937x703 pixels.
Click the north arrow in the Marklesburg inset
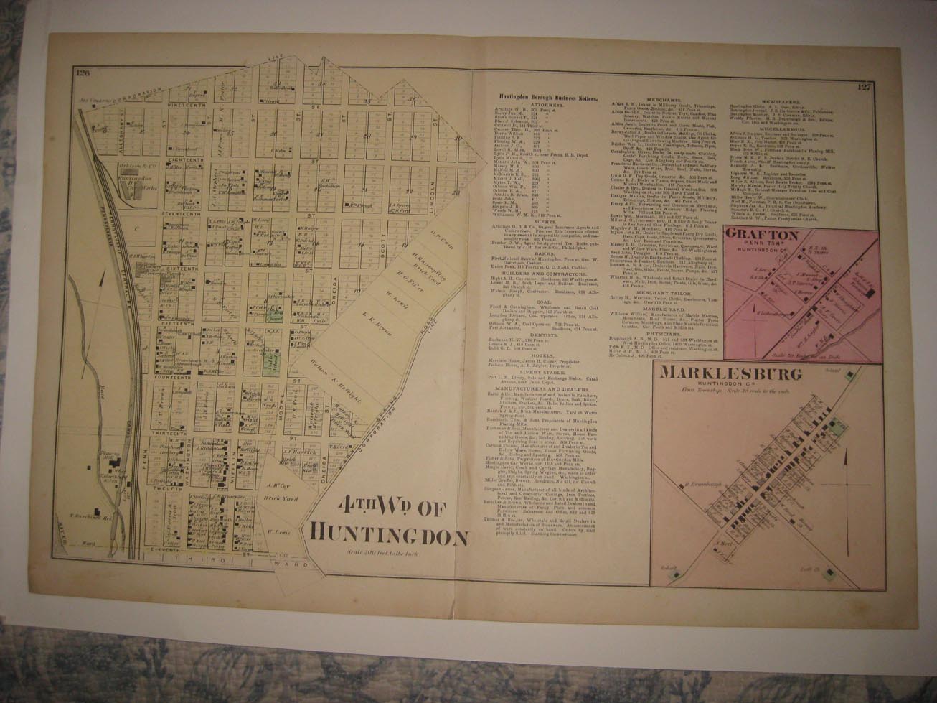point(847,460)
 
